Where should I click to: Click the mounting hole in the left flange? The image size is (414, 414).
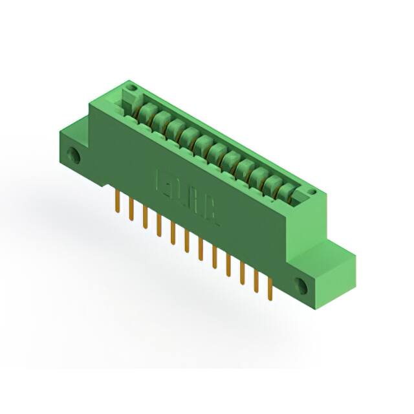tap(76, 155)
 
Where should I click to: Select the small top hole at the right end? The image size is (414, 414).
tap(312, 192)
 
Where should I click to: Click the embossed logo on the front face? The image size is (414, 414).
tap(188, 201)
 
